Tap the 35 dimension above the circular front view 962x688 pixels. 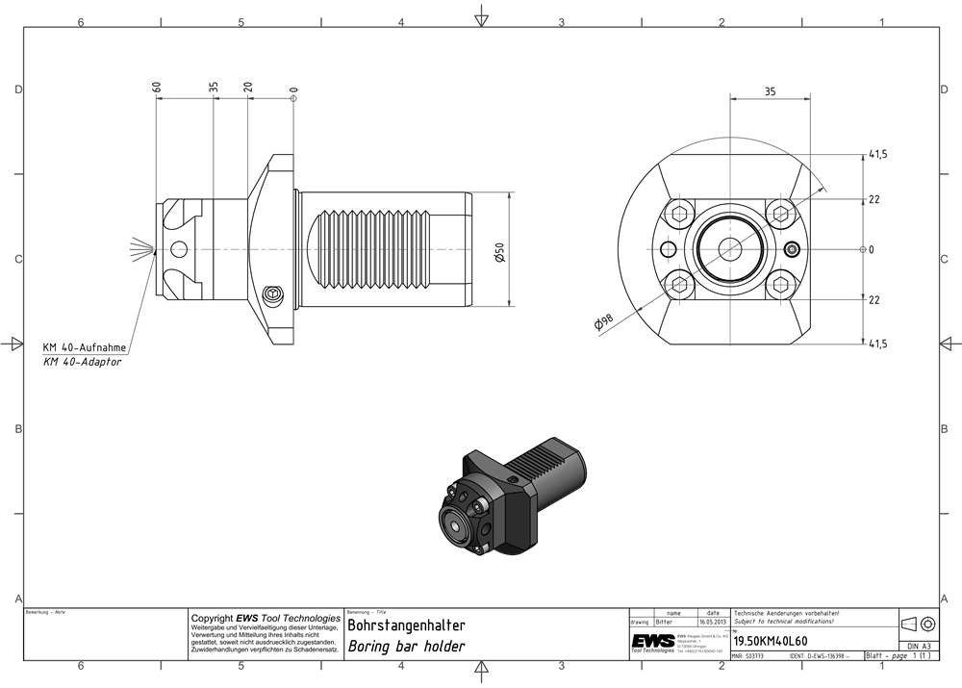point(770,92)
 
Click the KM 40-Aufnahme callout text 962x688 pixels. point(84,347)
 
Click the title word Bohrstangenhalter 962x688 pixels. point(406,625)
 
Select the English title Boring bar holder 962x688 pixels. point(406,647)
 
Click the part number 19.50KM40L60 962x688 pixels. point(771,641)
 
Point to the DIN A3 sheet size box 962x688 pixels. point(919,646)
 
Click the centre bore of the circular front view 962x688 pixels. point(728,249)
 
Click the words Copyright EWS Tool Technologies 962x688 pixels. point(266,618)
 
